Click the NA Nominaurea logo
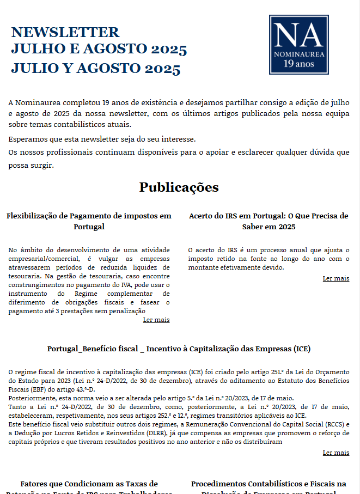tap(298, 44)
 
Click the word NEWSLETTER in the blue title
tap(65, 32)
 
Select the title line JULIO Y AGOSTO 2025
tap(95, 69)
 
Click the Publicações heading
tap(179, 187)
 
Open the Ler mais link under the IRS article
tap(335, 278)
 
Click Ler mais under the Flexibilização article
tap(156, 320)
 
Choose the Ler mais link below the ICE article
tap(335, 453)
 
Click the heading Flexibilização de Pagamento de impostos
tap(89, 216)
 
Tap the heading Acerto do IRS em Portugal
tap(269, 216)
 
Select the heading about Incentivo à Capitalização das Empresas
tap(179, 349)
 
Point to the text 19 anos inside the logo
tap(298, 64)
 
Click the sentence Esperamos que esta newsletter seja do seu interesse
tap(102, 138)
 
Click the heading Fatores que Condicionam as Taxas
tap(89, 484)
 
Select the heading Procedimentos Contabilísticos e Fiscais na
tap(269, 484)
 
